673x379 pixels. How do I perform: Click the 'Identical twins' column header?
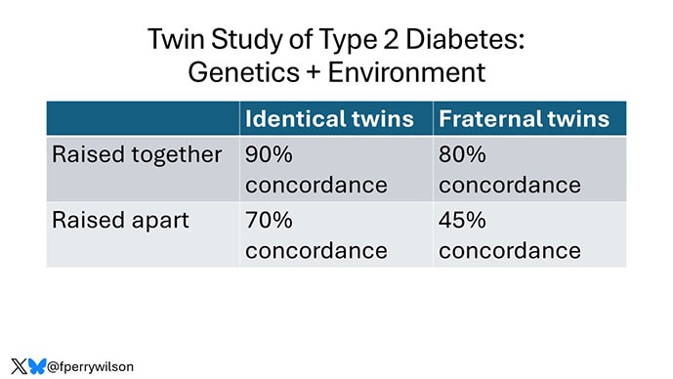[x=329, y=119]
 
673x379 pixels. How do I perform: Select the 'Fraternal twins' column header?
[x=525, y=119]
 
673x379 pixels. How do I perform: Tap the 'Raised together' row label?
[x=137, y=154]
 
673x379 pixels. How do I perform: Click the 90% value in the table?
[x=269, y=154]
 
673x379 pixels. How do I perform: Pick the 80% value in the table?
[x=462, y=154]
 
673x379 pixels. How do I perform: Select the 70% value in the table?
[x=269, y=219]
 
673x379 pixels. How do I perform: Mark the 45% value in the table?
[x=462, y=219]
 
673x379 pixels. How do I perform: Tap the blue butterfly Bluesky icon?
[x=36, y=366]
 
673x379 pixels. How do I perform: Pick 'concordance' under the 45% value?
[x=510, y=250]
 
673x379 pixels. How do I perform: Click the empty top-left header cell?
[x=143, y=119]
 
